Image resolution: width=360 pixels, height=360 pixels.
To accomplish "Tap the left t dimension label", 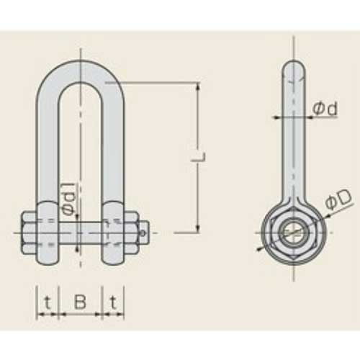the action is tap(48, 302).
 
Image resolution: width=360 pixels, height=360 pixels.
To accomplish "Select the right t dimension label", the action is tap(113, 302).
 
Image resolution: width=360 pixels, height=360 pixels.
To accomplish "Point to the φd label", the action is tap(325, 109).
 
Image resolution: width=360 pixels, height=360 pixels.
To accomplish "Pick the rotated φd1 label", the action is tap(69, 199).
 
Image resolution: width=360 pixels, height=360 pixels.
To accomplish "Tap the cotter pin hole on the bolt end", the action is tap(143, 233).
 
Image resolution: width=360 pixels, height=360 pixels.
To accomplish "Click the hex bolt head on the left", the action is tap(30, 233).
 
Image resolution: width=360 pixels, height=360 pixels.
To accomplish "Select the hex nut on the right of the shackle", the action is tap(132, 233).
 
